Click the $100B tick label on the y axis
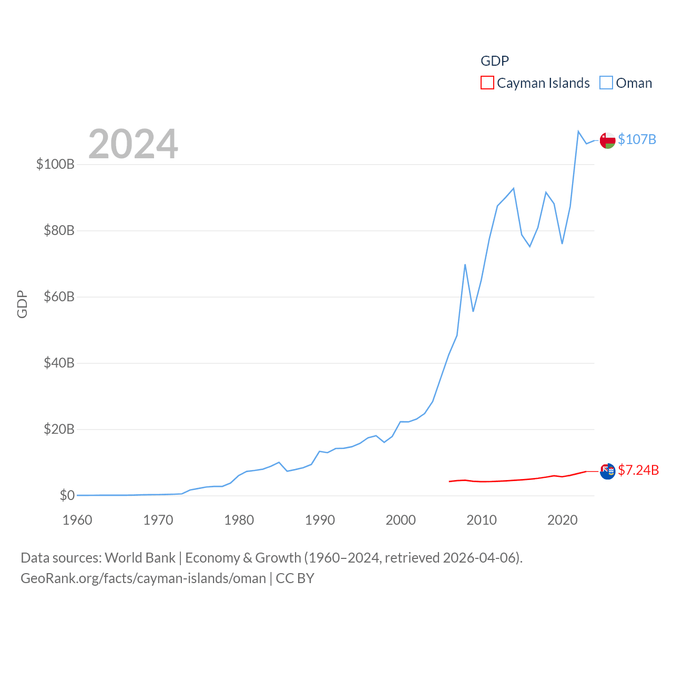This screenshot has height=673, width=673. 55,164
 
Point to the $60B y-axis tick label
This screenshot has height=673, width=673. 59,297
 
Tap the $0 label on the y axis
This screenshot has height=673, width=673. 67,495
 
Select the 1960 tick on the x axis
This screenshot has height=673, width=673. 77,520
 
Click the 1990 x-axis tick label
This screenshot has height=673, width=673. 320,520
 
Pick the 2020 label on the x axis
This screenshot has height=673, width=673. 562,520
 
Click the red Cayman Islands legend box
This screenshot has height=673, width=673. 487,83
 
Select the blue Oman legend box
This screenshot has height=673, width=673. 606,83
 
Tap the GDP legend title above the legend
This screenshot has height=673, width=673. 495,61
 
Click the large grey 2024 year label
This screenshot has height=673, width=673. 133,144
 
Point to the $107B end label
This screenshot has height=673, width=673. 637,139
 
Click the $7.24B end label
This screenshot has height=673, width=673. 638,470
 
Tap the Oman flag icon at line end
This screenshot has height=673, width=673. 607,140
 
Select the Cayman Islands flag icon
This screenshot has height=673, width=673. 607,471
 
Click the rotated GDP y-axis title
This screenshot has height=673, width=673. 22,304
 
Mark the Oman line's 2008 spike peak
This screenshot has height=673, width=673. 465,264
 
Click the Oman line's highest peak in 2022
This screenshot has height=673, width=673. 578,131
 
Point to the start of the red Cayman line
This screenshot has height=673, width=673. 450,481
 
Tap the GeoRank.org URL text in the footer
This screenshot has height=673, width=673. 143,578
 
